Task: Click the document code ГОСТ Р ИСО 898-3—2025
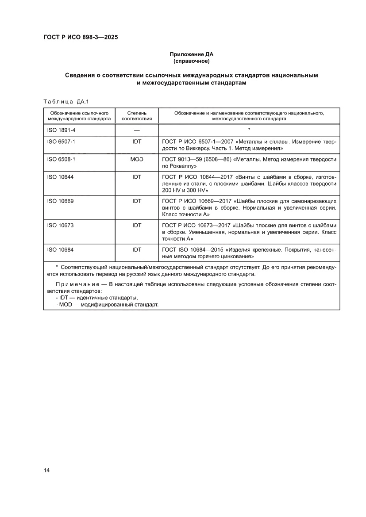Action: (x=80, y=37)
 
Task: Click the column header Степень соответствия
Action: (x=137, y=116)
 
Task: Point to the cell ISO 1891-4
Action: (x=62, y=130)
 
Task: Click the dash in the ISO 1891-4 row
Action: (x=137, y=130)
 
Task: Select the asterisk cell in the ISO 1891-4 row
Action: (x=250, y=130)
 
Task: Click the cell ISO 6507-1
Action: (x=62, y=142)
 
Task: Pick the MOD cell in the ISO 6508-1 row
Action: (x=137, y=159)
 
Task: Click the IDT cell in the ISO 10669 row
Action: (x=137, y=201)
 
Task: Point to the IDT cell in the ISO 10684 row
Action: (x=137, y=250)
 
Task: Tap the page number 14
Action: (x=46, y=470)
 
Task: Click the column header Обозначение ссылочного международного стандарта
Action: (x=79, y=116)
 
